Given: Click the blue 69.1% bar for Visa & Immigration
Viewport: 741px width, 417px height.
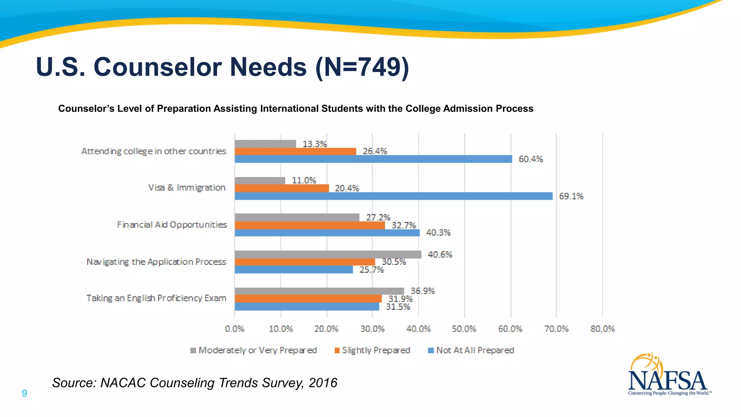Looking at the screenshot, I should [x=394, y=196].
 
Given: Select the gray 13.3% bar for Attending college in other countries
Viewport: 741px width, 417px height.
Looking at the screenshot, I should [x=265, y=144].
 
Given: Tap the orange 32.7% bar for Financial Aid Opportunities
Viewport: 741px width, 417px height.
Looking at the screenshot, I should [x=310, y=225].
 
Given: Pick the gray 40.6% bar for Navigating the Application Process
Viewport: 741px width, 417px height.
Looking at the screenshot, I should [x=328, y=254].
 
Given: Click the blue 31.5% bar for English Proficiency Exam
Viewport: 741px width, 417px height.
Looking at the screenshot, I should [x=307, y=307].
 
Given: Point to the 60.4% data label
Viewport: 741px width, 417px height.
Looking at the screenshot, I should [x=531, y=159].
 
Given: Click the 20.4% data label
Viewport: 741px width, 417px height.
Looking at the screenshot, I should [x=347, y=188].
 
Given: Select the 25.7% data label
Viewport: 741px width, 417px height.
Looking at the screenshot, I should [x=371, y=270].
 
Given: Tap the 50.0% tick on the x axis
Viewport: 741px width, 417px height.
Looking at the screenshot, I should [x=464, y=329].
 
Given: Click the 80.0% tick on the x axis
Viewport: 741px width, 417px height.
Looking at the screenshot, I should [x=602, y=329].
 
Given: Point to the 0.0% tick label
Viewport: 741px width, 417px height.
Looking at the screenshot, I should [x=234, y=329].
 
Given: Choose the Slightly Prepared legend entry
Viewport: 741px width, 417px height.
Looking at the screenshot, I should [x=373, y=350].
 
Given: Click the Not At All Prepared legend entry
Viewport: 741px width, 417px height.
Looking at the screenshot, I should [x=471, y=350].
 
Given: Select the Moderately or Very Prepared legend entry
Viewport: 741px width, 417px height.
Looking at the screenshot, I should [x=254, y=350].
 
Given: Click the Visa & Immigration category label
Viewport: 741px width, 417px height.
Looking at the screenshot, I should [x=187, y=188].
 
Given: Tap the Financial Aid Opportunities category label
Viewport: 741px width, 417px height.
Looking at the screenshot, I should [x=172, y=225].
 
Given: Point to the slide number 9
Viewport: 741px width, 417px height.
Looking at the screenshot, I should [x=24, y=393].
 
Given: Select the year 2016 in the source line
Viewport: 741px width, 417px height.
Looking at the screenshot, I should [x=323, y=383].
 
